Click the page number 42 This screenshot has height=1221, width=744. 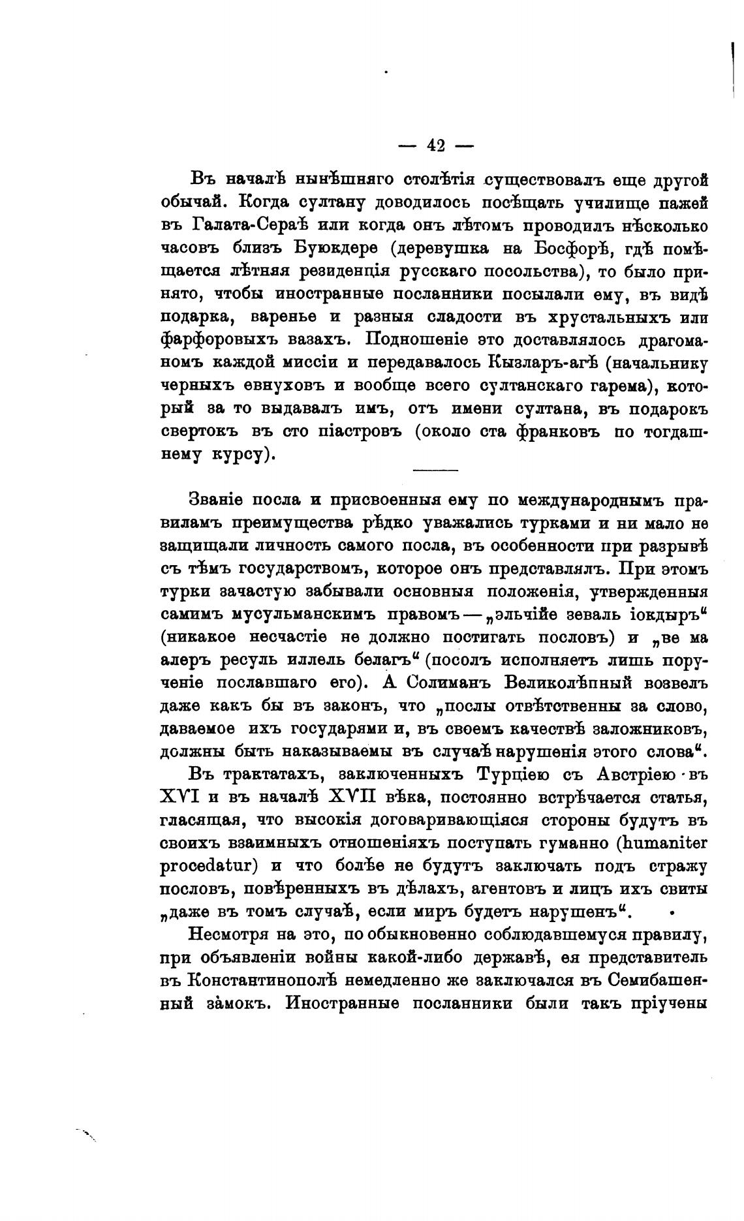click(435, 146)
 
